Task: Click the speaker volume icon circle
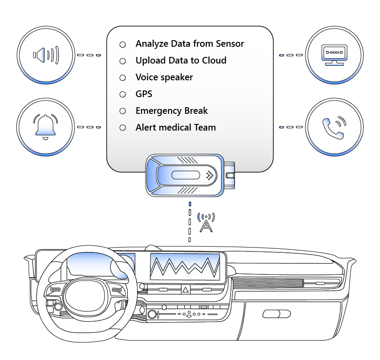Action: point(45,55)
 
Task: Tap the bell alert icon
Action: point(45,127)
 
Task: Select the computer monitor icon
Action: point(334,55)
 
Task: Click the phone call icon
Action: point(334,127)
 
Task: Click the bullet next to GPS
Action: point(123,94)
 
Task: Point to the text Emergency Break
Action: point(171,111)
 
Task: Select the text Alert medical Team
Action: point(175,127)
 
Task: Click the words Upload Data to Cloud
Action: point(181,60)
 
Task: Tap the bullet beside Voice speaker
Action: point(123,78)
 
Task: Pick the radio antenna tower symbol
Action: point(206,222)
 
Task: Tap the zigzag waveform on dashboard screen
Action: point(185,267)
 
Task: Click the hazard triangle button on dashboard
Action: point(185,290)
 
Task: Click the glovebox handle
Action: point(276,314)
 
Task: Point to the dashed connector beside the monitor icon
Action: point(291,55)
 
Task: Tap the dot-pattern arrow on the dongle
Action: point(209,175)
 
